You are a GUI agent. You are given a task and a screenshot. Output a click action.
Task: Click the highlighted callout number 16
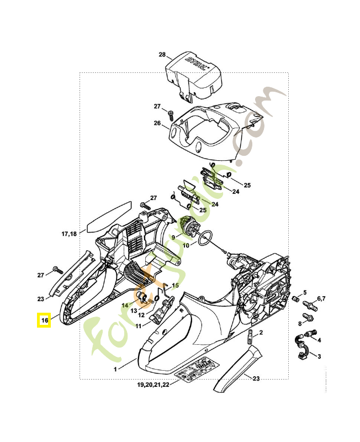[44, 320]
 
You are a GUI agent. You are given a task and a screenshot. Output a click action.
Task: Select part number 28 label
[162, 55]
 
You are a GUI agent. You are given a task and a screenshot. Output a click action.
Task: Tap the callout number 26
[157, 123]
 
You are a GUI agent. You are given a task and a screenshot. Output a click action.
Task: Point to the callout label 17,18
[69, 234]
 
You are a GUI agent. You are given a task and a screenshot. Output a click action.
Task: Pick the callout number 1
[115, 369]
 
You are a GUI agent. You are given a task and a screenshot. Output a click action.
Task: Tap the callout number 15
[174, 286]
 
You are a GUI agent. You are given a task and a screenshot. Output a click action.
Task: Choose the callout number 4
[320, 340]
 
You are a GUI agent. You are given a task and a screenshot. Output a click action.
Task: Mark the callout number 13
[134, 311]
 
